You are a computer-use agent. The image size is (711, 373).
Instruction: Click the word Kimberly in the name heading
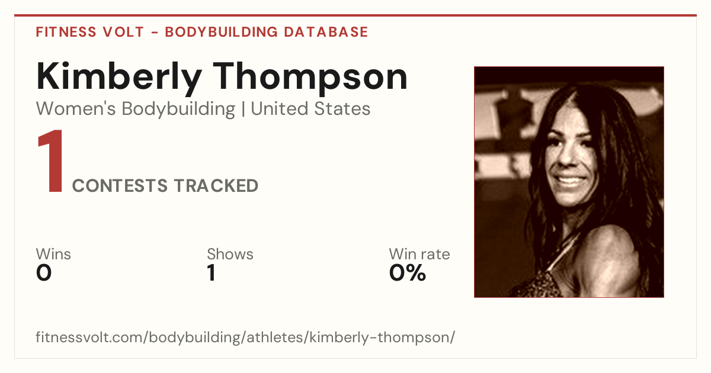click(x=119, y=78)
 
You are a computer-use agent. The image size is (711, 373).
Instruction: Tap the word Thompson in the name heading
click(x=310, y=78)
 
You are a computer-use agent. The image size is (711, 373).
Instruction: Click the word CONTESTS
click(x=120, y=186)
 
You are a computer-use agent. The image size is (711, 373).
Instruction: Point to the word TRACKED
click(x=216, y=186)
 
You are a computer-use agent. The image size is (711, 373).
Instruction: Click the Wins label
click(x=53, y=254)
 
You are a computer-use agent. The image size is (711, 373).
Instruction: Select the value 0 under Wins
click(x=44, y=273)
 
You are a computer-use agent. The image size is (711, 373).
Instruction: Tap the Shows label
click(x=230, y=254)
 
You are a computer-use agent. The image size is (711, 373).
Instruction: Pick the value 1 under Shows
click(x=212, y=273)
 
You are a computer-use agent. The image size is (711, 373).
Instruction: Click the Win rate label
click(x=419, y=254)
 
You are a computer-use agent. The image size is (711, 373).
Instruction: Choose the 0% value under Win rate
click(x=408, y=273)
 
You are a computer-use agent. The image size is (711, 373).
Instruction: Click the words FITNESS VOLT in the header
click(x=90, y=32)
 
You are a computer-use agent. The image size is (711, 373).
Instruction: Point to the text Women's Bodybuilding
click(x=136, y=109)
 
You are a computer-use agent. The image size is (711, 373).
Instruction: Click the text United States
click(x=310, y=109)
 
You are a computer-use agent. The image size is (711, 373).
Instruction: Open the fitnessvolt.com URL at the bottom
click(x=245, y=337)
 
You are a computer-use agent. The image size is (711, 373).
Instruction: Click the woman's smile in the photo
click(x=571, y=181)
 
